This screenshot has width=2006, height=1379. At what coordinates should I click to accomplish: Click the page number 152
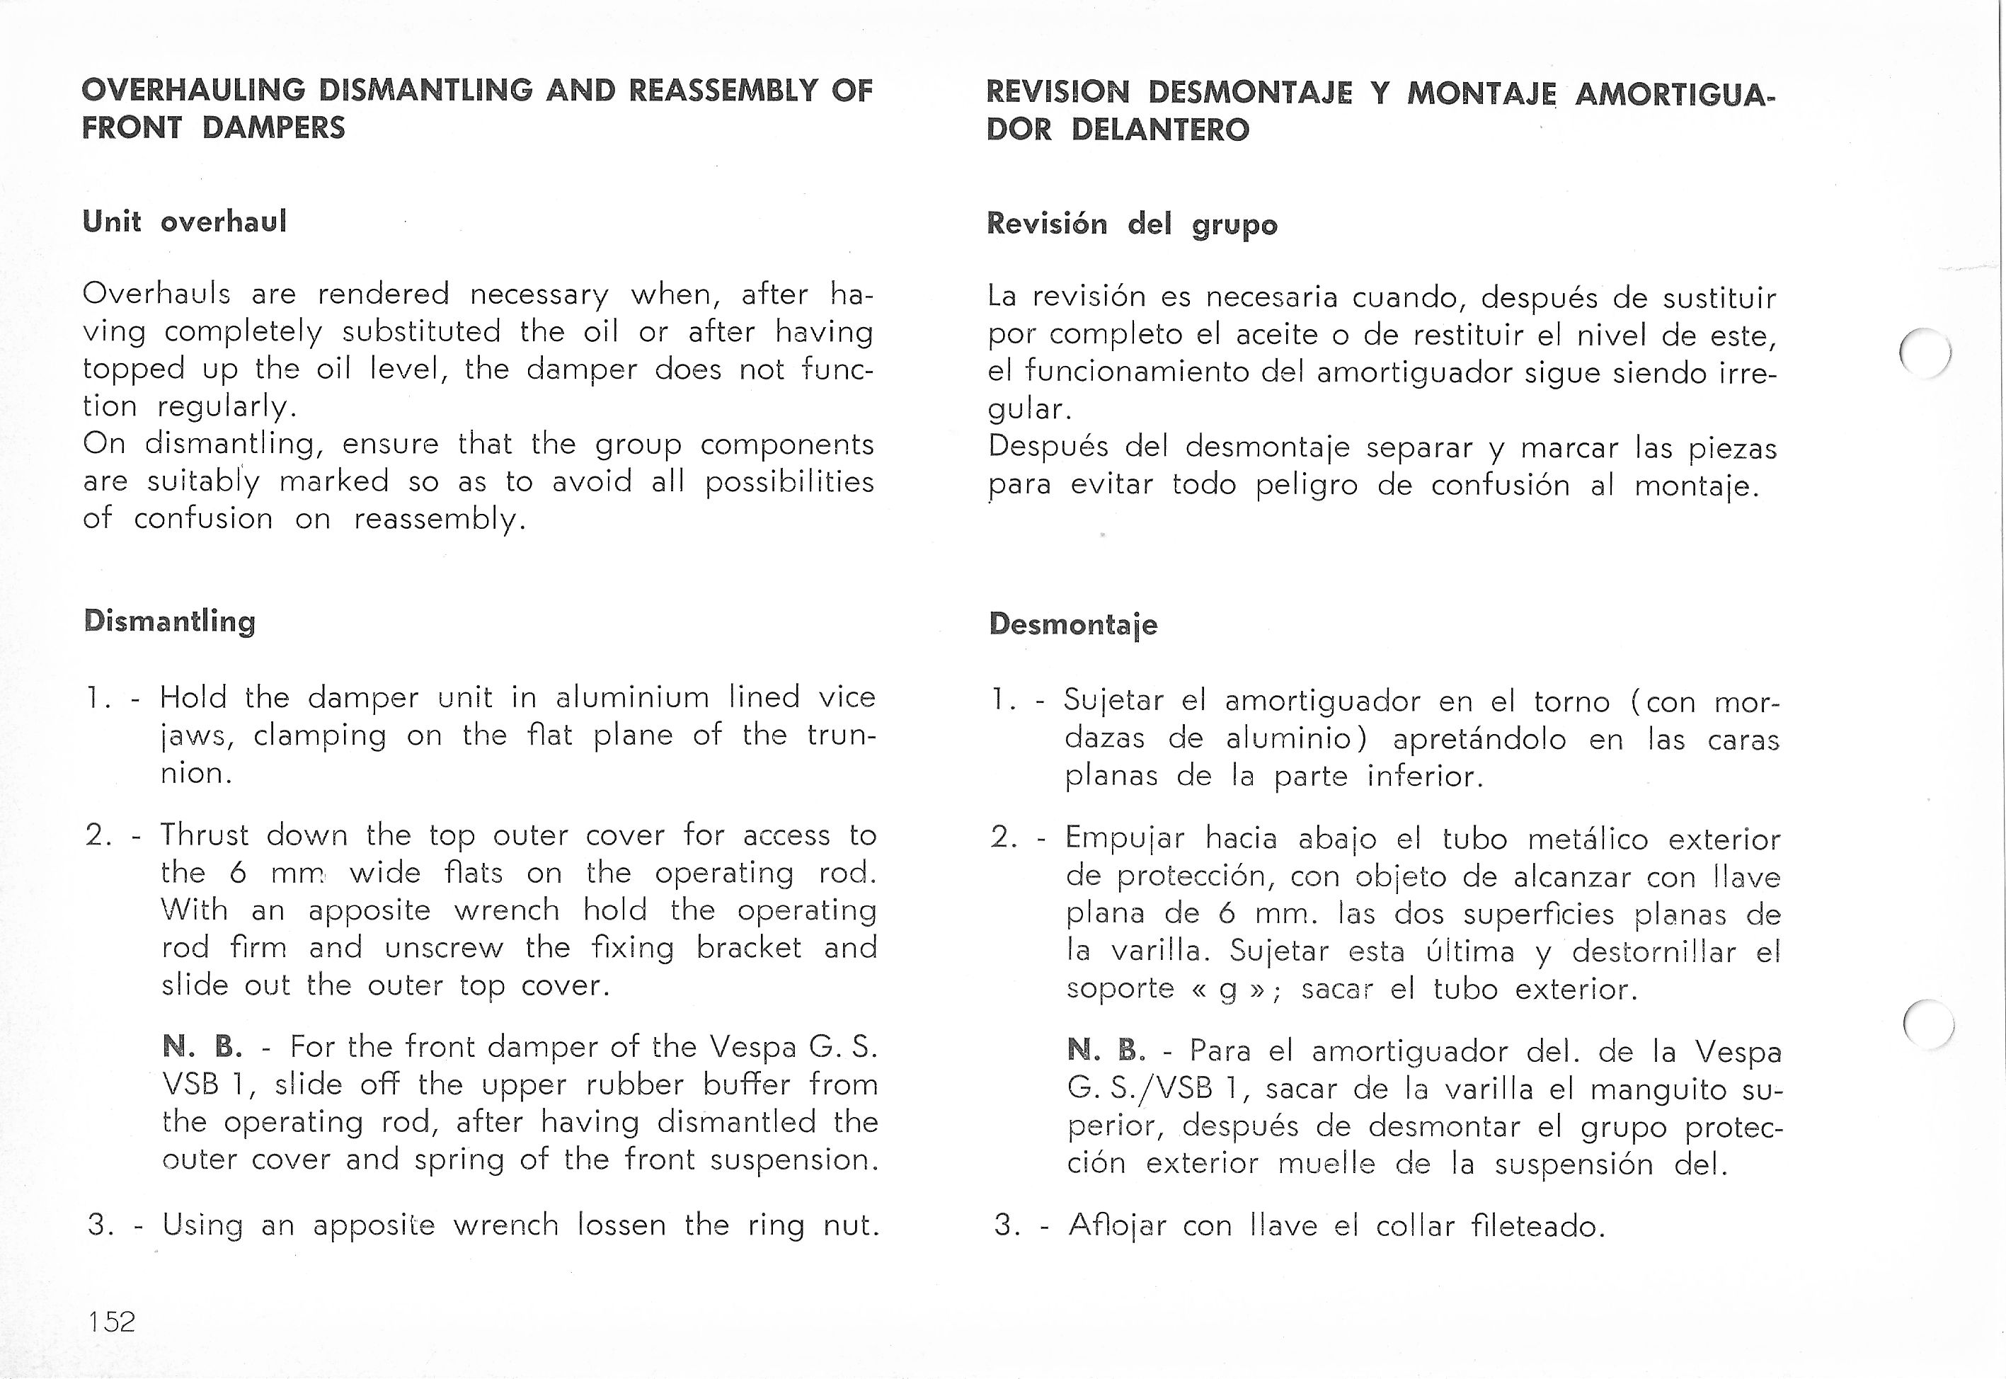[111, 1321]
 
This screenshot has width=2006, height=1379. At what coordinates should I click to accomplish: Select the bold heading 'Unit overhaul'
[184, 222]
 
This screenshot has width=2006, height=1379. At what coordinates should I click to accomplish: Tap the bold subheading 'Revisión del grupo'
[1132, 224]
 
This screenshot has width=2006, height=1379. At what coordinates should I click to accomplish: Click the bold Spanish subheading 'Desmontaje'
[1073, 624]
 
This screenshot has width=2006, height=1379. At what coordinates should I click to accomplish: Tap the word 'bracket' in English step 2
[749, 948]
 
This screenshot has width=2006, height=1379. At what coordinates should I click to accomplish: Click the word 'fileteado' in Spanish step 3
[1537, 1225]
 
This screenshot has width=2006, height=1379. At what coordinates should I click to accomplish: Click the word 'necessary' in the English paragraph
[539, 294]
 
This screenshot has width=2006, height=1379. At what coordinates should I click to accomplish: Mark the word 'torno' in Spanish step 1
[1571, 701]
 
